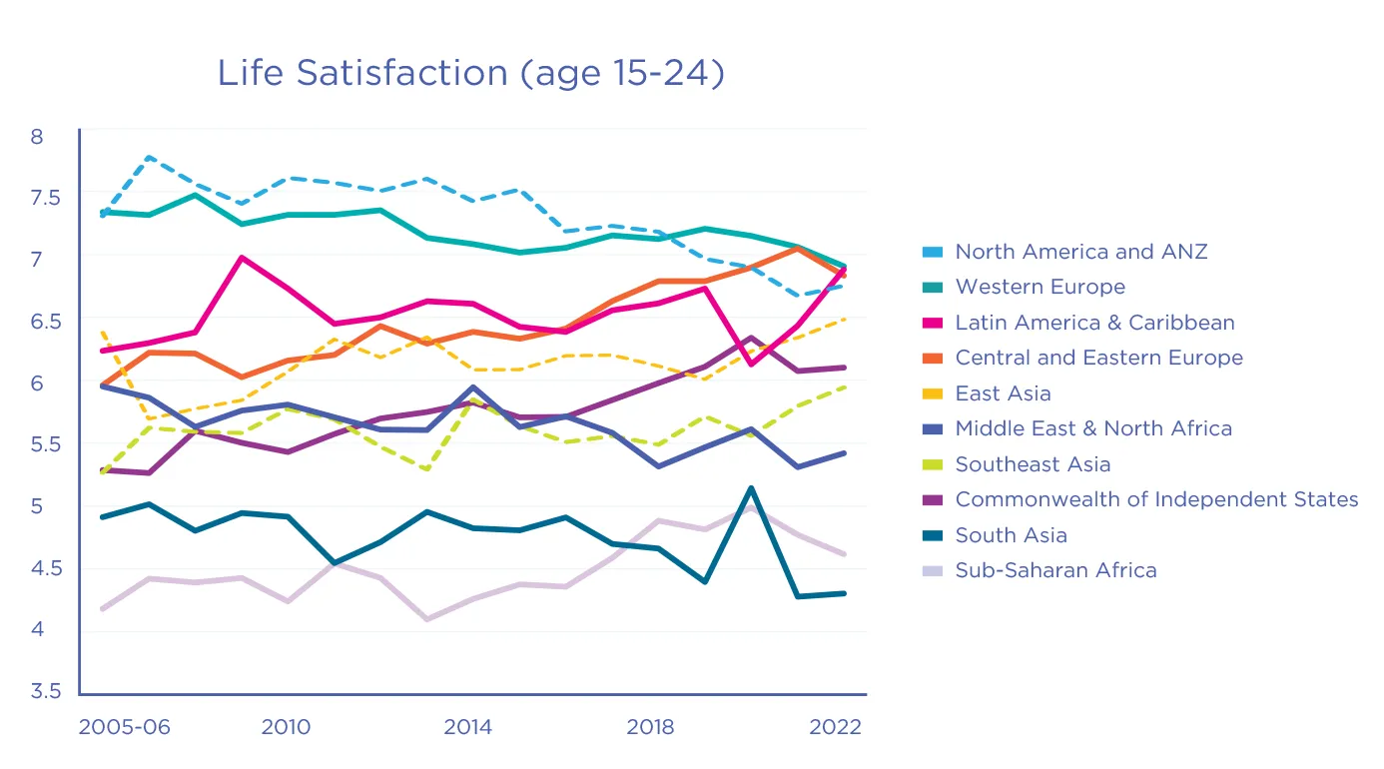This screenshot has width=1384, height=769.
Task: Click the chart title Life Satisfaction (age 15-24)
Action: click(470, 74)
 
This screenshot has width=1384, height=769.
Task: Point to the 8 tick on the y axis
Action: click(37, 136)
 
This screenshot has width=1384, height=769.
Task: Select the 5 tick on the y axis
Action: click(37, 506)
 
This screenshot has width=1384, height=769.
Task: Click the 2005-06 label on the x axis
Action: click(124, 727)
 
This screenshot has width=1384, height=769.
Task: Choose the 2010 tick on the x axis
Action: click(286, 727)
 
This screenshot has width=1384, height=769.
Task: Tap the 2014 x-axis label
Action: click(467, 727)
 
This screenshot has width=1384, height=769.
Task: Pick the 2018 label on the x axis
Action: click(650, 727)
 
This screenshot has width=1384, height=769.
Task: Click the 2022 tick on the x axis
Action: click(835, 727)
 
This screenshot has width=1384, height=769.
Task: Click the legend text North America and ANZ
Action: click(1080, 252)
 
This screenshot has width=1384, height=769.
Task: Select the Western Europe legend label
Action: click(1039, 288)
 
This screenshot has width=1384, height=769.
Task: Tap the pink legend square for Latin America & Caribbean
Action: click(933, 324)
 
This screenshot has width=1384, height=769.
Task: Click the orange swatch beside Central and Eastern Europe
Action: click(933, 359)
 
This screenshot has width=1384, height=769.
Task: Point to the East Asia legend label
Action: click(1003, 393)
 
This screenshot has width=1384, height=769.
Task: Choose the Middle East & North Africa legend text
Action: click(1093, 428)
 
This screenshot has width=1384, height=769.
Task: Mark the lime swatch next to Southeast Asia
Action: click(933, 464)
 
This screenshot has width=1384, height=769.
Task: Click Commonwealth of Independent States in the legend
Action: click(1156, 499)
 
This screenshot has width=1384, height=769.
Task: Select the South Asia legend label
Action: click(1011, 535)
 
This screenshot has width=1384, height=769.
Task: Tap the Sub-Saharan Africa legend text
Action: click(1055, 570)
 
